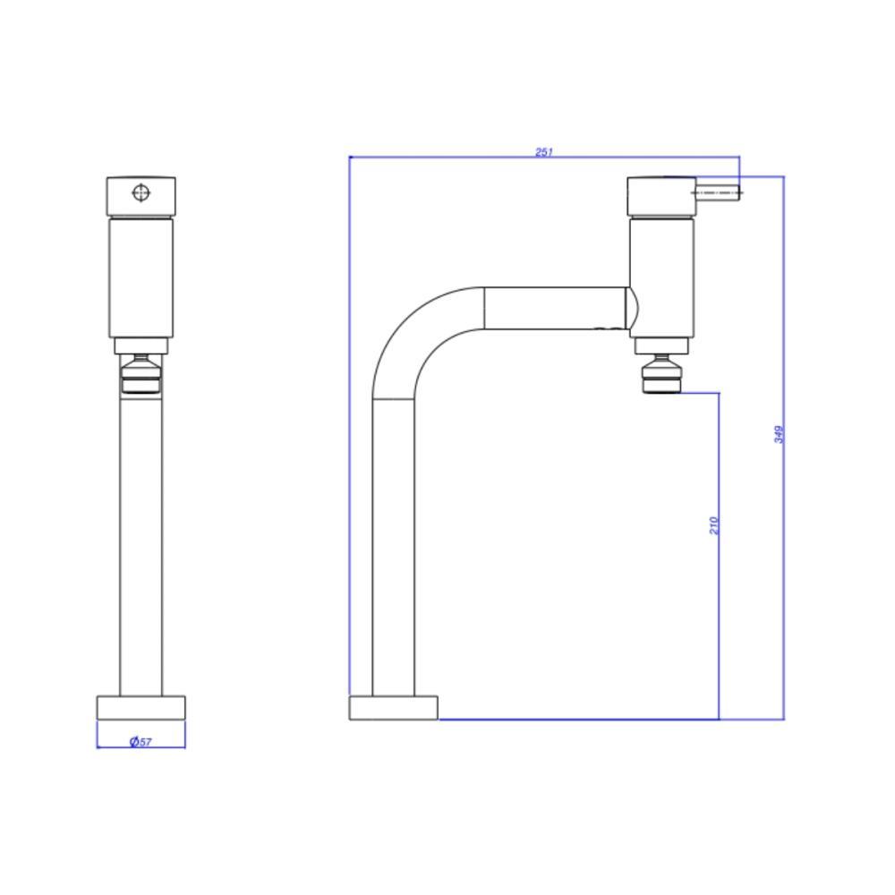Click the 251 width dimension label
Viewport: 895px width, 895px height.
tap(543, 151)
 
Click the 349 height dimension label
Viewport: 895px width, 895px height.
tap(779, 435)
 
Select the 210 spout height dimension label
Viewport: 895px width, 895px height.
tap(713, 525)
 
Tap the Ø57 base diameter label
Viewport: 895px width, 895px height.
tap(141, 742)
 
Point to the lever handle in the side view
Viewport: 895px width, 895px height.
tap(718, 190)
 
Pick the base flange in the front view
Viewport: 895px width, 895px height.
tap(141, 707)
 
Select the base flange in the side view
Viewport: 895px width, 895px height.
tap(393, 707)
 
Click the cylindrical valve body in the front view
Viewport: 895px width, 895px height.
tap(141, 277)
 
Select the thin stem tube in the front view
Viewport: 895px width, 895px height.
tap(141, 546)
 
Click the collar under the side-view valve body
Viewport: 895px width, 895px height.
tap(661, 345)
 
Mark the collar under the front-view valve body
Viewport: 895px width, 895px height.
tap(141, 346)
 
